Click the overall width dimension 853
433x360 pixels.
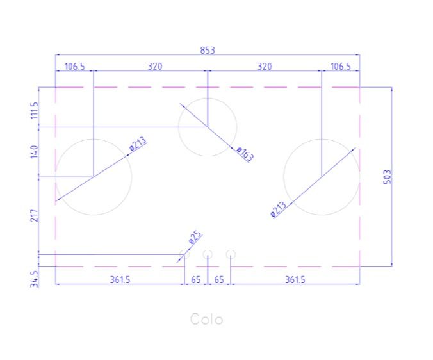coord(208,50)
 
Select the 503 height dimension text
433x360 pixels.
coord(388,177)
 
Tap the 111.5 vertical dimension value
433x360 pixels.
coord(34,110)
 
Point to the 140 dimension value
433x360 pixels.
coord(34,152)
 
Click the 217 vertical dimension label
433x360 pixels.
coord(34,215)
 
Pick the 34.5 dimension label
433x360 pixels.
coord(34,279)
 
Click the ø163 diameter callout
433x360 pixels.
coord(245,154)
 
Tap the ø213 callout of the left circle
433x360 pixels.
coord(138,144)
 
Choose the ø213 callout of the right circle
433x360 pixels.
coord(279,209)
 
